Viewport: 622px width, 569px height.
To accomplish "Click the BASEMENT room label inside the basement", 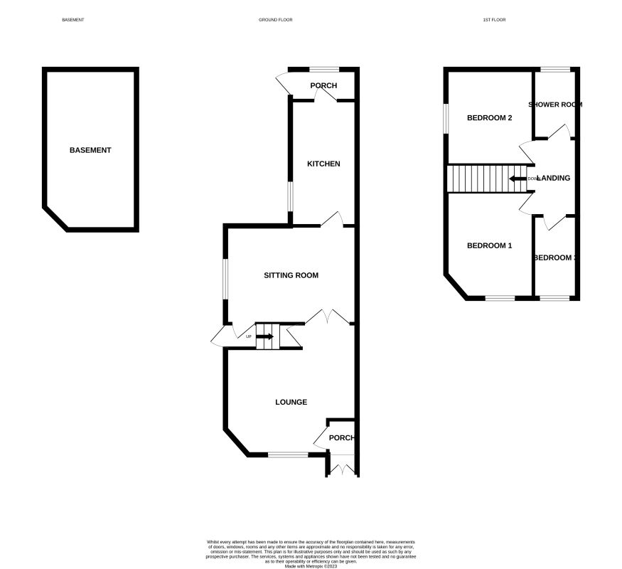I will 90,150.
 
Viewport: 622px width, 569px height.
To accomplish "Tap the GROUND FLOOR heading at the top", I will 275,20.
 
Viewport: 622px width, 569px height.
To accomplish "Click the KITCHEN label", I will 323,164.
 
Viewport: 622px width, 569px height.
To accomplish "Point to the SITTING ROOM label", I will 291,275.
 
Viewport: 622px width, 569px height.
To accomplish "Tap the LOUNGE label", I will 291,402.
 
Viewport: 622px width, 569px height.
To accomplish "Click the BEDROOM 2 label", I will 489,118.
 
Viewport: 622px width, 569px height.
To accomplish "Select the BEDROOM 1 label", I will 489,245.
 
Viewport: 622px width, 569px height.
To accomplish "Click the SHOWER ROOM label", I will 555,105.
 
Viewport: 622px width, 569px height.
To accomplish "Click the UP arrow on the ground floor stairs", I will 265,336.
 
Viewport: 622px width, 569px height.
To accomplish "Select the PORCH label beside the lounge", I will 341,437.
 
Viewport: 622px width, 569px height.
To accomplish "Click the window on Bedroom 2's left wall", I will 446,119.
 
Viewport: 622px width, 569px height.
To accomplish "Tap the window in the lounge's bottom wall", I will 289,454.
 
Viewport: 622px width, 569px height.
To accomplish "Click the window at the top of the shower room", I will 554,69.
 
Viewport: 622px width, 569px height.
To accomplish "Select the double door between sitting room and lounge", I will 327,318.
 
